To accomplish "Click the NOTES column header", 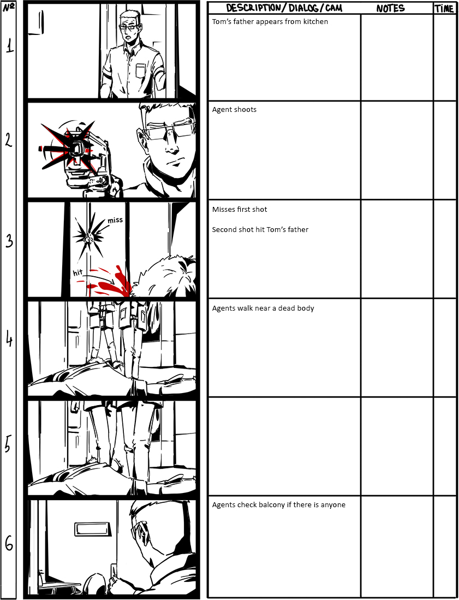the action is click(390, 8).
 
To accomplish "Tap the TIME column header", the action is click(444, 8).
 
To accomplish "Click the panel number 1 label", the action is click(9, 47).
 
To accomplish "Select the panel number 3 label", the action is click(9, 241).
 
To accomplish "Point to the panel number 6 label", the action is click(9, 543).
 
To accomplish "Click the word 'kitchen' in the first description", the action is click(315, 22).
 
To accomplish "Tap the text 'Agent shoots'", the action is click(234, 110).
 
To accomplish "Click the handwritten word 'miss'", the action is click(115, 220).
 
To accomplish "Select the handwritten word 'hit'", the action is click(78, 272).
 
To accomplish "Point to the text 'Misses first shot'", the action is click(240, 209).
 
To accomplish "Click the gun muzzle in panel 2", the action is click(78, 148).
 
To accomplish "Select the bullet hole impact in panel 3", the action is click(89, 238).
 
